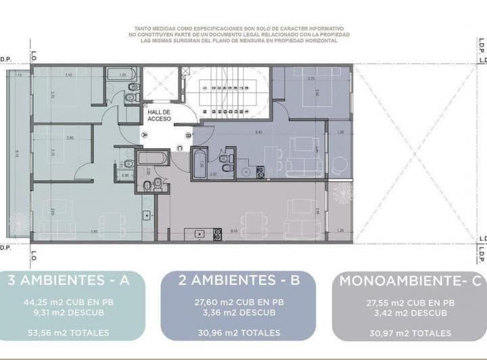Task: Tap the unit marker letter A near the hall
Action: click(145, 134)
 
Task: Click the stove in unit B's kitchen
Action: click(260, 173)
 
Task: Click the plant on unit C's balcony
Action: click(342, 194)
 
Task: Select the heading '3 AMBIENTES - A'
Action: click(68, 280)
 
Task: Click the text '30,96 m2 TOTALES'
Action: click(238, 333)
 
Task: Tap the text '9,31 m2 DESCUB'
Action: click(68, 313)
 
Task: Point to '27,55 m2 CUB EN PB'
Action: click(409, 303)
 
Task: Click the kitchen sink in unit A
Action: click(146, 216)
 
